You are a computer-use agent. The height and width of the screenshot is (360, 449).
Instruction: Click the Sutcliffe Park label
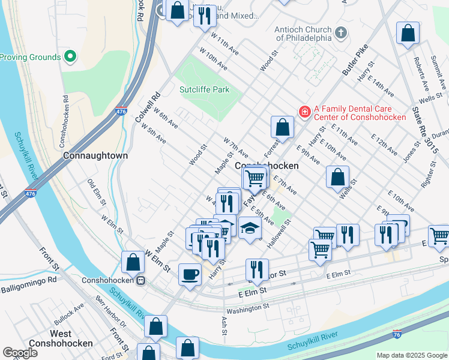205,90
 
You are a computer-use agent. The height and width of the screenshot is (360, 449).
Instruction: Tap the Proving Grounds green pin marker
70,57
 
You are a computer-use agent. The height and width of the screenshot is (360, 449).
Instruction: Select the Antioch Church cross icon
341,32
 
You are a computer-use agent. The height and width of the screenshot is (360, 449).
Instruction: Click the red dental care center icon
305,112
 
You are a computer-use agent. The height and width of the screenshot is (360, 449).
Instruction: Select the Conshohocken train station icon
140,280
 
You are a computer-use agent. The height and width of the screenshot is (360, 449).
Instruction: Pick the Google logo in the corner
20,353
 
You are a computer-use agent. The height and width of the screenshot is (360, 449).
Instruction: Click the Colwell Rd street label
148,107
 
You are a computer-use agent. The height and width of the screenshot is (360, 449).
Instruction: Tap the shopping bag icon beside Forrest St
282,127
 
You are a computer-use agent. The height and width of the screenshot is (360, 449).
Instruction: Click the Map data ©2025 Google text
412,355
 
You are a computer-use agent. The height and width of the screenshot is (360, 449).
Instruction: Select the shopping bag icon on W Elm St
133,262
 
